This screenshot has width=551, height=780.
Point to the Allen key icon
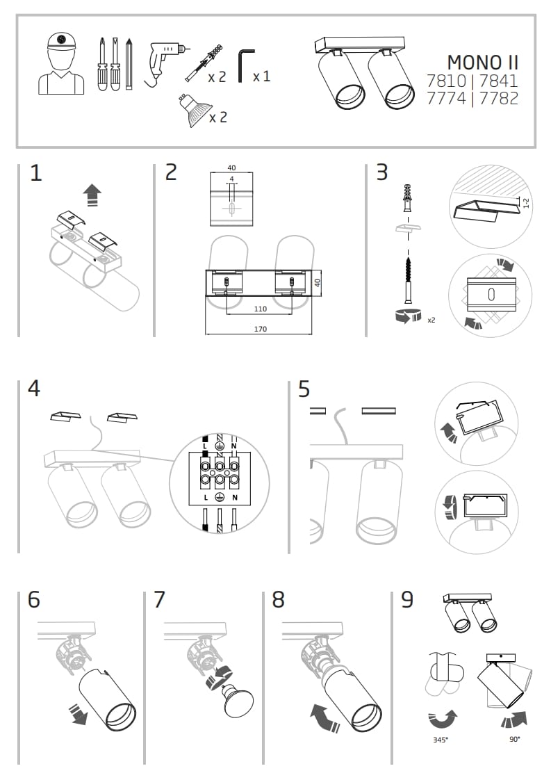coord(245,65)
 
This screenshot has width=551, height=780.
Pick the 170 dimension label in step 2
coord(261,329)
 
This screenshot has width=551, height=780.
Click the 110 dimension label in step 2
coord(261,308)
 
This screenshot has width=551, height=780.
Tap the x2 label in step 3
coord(431,320)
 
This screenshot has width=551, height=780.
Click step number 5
coord(304,389)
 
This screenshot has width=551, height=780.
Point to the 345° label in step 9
coord(441,740)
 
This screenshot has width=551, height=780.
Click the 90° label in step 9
coord(514,740)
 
